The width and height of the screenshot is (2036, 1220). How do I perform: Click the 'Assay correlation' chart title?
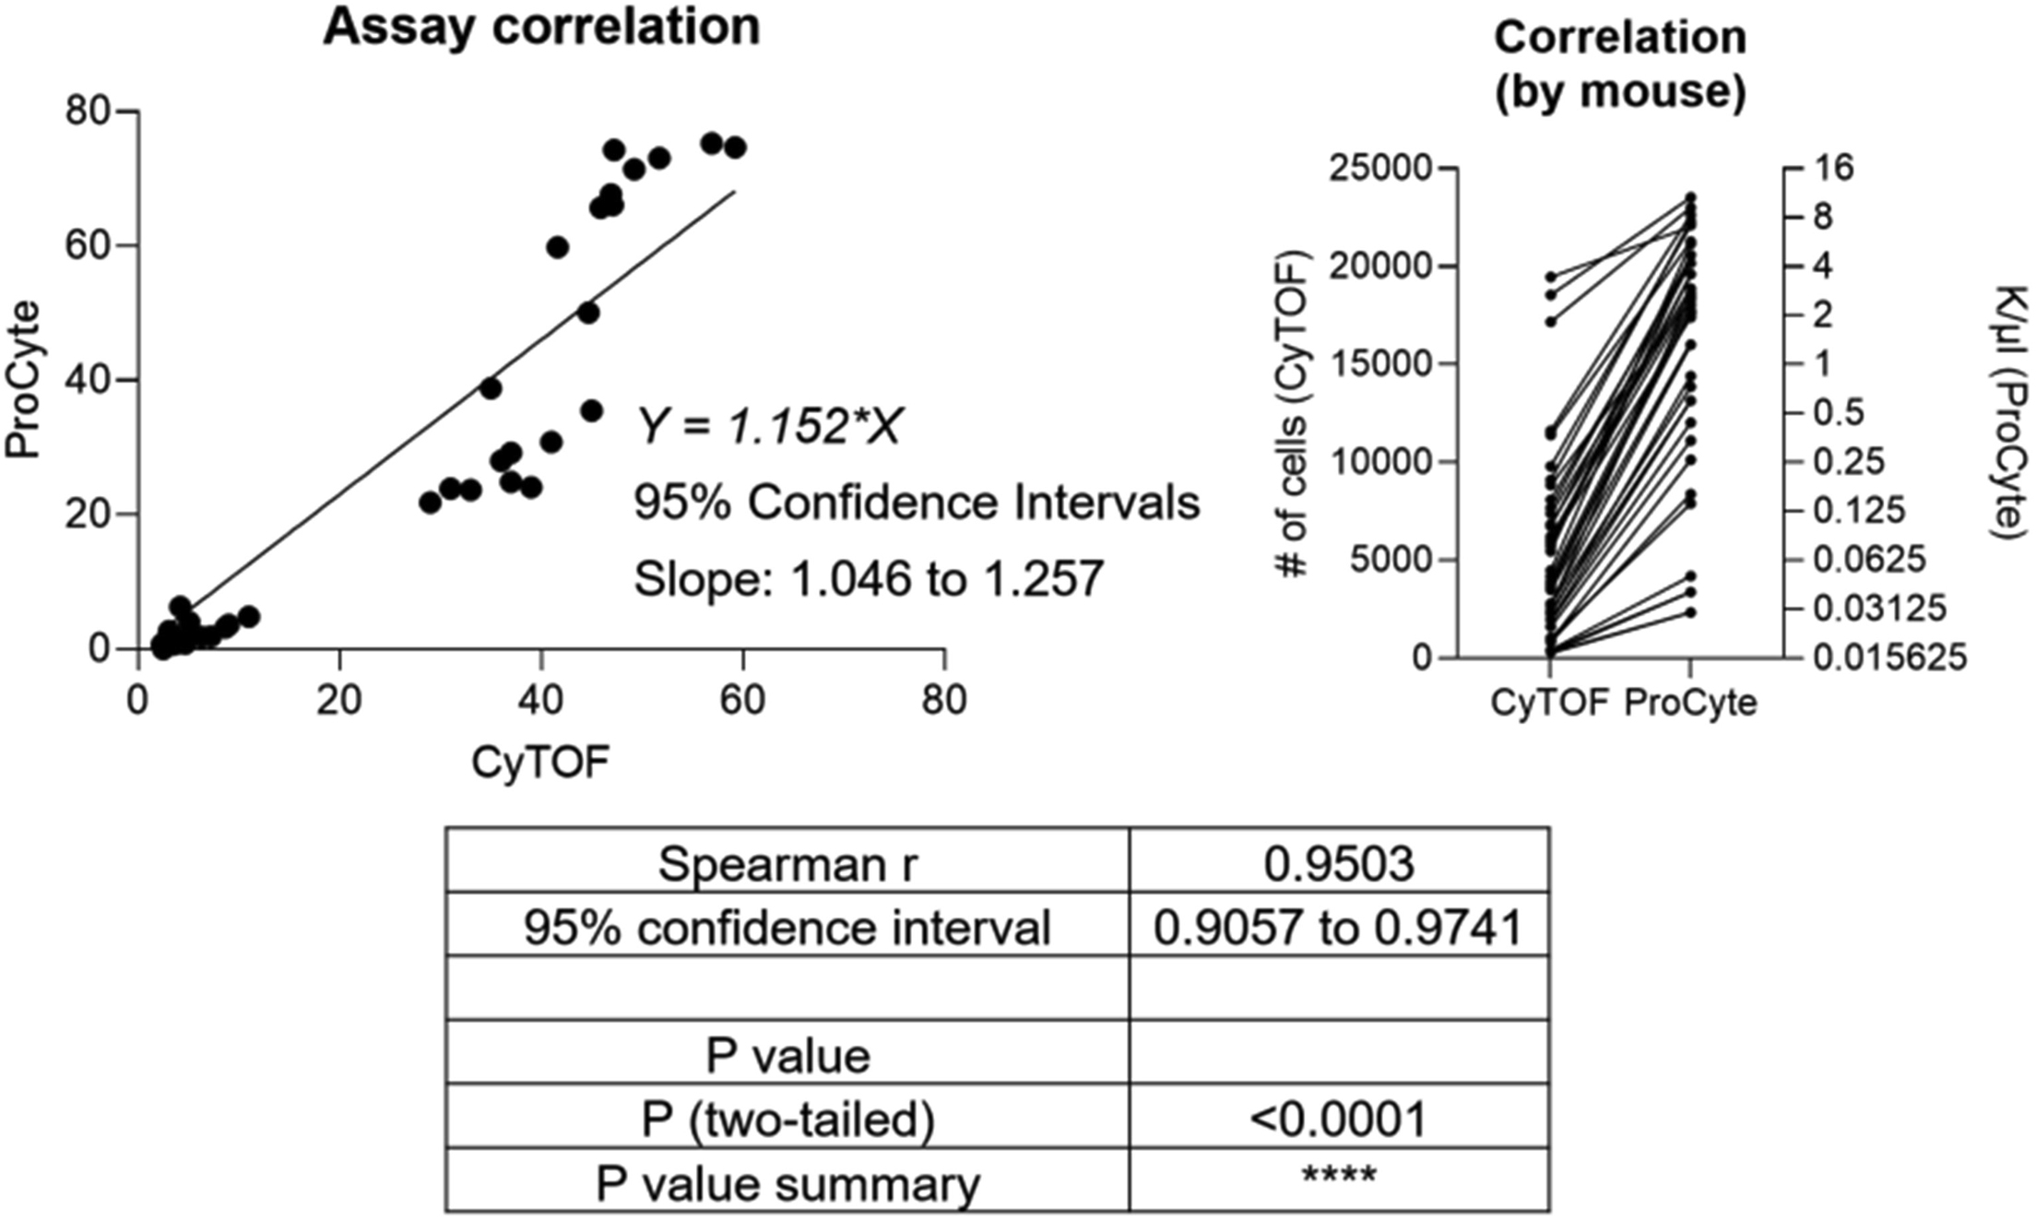(x=541, y=28)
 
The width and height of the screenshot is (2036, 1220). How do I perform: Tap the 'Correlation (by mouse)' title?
(x=1619, y=65)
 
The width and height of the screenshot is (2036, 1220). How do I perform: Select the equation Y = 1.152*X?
(x=768, y=427)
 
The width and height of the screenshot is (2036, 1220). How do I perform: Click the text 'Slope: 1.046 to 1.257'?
(x=869, y=580)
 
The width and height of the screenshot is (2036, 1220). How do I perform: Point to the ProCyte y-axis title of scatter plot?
(x=24, y=379)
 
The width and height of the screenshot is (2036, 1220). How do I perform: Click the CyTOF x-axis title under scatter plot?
(x=540, y=763)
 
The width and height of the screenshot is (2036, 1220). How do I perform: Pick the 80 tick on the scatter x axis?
(x=944, y=701)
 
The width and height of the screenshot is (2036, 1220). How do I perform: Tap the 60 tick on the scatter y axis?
(x=88, y=246)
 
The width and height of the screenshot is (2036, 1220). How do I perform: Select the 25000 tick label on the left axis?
(x=1380, y=169)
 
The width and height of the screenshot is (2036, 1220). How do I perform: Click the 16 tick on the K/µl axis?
(x=1833, y=169)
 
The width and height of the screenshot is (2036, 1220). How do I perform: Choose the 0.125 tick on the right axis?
(x=1859, y=511)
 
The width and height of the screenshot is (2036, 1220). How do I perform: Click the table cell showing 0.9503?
(x=1339, y=864)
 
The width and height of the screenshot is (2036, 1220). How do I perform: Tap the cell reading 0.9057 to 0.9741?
(x=1339, y=928)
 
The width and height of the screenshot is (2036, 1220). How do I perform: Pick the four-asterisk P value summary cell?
(x=1339, y=1178)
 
